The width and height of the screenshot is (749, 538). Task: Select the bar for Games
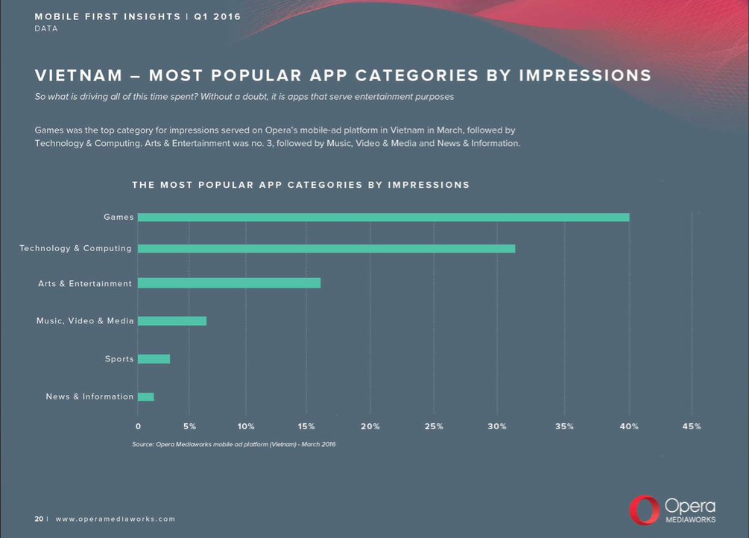(x=383, y=218)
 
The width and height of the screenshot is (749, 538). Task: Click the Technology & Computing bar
(x=326, y=248)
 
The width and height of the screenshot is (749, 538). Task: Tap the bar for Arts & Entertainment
(x=229, y=283)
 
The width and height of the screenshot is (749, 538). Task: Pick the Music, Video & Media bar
(x=172, y=321)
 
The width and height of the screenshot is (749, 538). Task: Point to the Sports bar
(x=154, y=359)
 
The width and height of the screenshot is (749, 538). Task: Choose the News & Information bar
(x=146, y=397)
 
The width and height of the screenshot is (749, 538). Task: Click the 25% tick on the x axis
(x=434, y=426)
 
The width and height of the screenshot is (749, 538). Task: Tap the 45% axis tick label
(x=692, y=426)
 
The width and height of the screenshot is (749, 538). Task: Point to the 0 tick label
(x=138, y=426)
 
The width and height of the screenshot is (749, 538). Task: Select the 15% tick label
(x=306, y=426)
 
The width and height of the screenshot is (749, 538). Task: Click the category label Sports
(x=119, y=359)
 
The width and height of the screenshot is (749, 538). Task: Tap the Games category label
(x=118, y=218)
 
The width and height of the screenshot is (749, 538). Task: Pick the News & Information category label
(x=89, y=397)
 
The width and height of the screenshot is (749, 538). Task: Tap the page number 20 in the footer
(x=39, y=519)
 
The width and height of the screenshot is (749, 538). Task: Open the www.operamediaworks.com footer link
(x=116, y=519)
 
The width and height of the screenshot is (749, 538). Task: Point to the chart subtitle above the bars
(x=300, y=185)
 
